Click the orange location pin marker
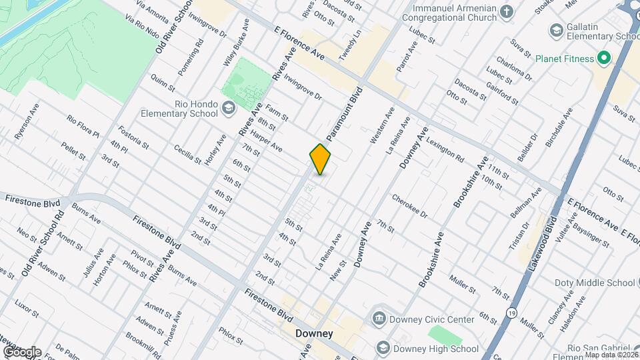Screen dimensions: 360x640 pos(320,159)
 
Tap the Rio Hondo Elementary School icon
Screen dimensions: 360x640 pos(229,108)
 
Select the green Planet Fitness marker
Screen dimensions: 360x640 pos(604,59)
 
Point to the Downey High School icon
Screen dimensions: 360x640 pos(383,348)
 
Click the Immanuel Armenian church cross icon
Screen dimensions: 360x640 pos(507,11)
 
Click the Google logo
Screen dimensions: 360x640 pos(21,351)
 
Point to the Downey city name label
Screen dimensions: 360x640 pos(314,333)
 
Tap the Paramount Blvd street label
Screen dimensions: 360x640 pos(344,112)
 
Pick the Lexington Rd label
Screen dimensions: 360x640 pos(445,151)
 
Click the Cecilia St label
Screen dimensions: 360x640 pos(187,153)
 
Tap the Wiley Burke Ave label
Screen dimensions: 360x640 pos(237,43)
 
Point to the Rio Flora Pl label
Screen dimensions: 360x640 pos(83,127)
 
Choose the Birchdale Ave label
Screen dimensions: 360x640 pos(559,128)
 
